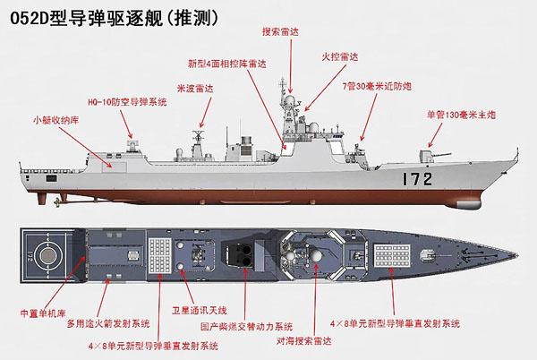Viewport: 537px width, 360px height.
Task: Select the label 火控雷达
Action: pyautogui.click(x=341, y=56)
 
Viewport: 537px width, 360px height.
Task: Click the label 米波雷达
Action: pyautogui.click(x=196, y=90)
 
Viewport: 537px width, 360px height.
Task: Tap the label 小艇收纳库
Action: pyautogui.click(x=51, y=118)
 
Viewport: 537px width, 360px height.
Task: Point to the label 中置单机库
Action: pyautogui.click(x=40, y=315)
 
